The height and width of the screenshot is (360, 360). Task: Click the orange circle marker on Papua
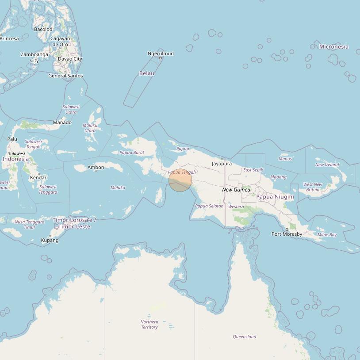[x=180, y=180]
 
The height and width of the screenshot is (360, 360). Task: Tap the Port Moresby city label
[x=287, y=234]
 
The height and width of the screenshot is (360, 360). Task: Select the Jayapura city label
[x=222, y=164]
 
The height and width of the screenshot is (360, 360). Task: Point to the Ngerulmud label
[x=161, y=54]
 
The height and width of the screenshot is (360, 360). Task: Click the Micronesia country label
[x=333, y=46]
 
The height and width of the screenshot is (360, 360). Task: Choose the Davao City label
[x=70, y=59]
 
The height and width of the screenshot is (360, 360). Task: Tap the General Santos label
[x=65, y=76]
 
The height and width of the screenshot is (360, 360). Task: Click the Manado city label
[x=62, y=123]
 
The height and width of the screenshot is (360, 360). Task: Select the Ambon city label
[x=96, y=167]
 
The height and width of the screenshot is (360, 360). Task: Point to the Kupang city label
[x=50, y=241]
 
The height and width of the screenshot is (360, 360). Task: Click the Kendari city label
[x=38, y=178]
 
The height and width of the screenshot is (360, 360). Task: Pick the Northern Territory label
[x=149, y=324]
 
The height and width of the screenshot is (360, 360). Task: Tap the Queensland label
[x=245, y=337]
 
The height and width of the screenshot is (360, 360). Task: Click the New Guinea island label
[x=236, y=190]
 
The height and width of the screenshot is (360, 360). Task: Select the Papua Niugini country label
[x=275, y=196]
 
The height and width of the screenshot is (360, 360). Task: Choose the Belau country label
[x=146, y=73]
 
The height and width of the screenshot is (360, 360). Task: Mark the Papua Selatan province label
[x=209, y=206]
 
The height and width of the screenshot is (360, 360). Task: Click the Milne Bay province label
[x=327, y=235]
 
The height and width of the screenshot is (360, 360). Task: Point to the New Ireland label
[x=327, y=165]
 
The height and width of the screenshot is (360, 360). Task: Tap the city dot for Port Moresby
[x=287, y=230]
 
